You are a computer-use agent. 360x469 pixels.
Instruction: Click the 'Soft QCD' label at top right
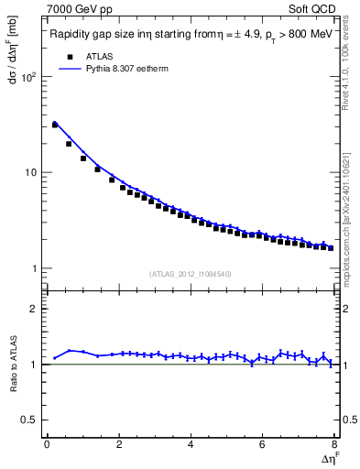click(315, 10)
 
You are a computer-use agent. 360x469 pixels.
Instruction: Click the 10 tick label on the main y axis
click(33, 172)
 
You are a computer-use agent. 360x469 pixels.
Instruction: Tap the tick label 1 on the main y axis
click(37, 268)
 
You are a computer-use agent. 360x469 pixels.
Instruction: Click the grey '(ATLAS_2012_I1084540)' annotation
click(191, 273)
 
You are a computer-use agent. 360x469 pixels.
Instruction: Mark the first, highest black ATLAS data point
click(54, 125)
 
